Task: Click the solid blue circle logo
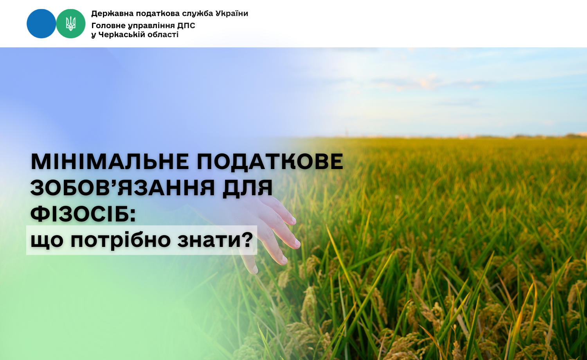[41, 23]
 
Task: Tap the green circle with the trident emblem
[71, 23]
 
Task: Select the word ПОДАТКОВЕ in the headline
[270, 162]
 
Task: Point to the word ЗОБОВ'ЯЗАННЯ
[122, 187]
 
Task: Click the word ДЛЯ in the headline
[248, 188]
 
